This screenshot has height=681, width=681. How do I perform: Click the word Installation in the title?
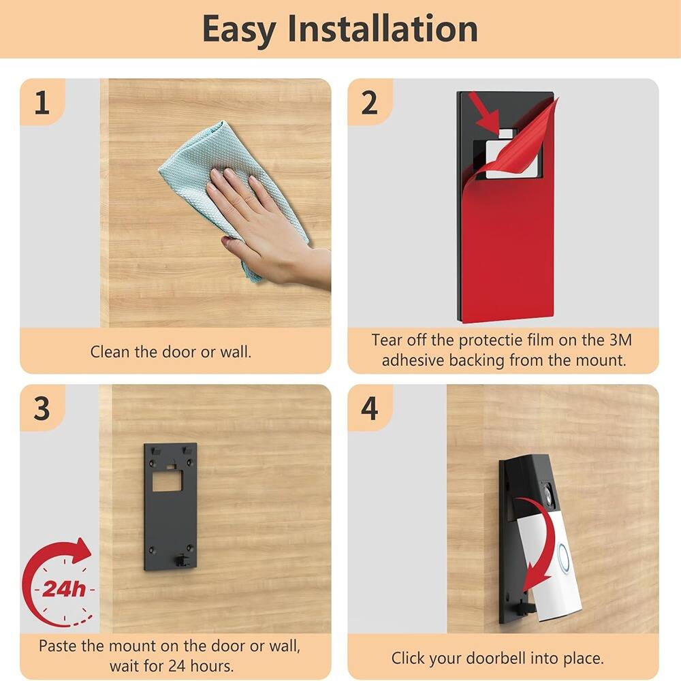coord(383,29)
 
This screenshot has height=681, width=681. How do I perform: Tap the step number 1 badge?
coord(42,103)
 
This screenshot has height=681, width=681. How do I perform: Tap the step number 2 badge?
coord(369,103)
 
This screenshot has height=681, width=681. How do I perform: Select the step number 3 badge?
coord(42,409)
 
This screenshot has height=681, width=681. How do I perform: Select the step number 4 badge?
coord(369,409)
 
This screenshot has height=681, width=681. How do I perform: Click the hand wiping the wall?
coord(262,225)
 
